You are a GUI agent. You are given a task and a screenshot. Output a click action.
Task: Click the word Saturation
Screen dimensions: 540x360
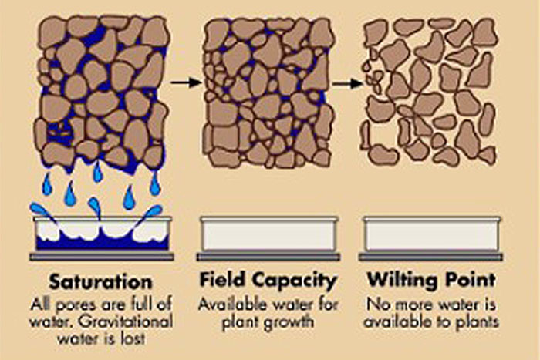[x=100, y=281]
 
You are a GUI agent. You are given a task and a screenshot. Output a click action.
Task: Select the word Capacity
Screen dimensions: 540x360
[x=294, y=281]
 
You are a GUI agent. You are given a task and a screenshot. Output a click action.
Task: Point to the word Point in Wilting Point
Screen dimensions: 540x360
[x=471, y=280]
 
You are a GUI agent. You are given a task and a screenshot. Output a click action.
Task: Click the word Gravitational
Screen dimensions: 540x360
[x=125, y=321]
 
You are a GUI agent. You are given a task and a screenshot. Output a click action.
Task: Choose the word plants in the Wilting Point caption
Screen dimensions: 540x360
[x=478, y=322]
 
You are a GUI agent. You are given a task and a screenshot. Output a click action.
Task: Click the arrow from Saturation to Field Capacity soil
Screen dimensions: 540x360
[x=186, y=82]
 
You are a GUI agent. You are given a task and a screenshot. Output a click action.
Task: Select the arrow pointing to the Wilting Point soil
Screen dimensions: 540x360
[x=347, y=83]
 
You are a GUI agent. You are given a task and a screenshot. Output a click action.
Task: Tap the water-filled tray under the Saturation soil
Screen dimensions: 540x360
[x=103, y=233]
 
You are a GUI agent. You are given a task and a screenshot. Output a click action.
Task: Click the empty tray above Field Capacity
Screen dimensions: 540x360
[x=268, y=234]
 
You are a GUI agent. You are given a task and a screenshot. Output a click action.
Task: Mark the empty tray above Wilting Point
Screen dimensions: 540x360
[x=431, y=234]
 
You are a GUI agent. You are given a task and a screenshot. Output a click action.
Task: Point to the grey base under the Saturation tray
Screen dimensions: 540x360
[x=102, y=257]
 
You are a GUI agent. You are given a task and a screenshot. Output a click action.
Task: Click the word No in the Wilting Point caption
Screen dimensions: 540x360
[x=373, y=304]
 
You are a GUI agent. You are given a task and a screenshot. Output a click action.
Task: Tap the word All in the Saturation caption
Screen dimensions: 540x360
[x=41, y=304]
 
